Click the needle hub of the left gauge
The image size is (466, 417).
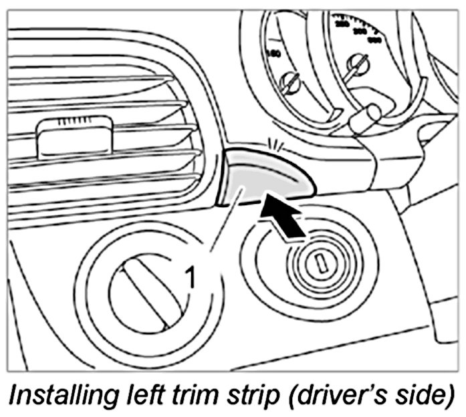(290, 83)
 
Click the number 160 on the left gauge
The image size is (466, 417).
(273, 53)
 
